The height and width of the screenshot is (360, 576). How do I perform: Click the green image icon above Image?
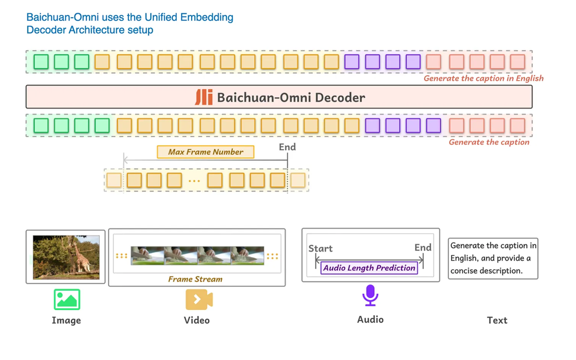coord(67,299)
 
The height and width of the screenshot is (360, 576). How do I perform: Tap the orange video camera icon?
coord(199,299)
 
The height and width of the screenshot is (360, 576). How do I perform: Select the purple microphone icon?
coord(370,295)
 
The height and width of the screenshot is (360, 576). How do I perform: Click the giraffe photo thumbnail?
coord(66,257)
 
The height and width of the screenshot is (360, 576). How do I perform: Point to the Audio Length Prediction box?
coord(369,268)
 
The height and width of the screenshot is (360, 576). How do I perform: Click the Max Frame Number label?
coord(205,152)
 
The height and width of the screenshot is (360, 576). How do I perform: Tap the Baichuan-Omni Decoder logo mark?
coord(204,97)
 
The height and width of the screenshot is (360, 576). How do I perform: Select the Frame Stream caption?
coord(195,279)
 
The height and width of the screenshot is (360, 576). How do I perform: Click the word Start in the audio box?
coord(320,248)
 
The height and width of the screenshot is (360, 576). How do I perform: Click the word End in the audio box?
coord(422,248)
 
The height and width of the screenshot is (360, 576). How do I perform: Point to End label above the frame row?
coord(287,147)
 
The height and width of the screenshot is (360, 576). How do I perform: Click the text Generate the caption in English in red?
coord(483,78)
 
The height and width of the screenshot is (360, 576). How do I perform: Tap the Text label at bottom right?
coord(497,320)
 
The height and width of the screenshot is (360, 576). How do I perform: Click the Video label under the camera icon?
coord(197,320)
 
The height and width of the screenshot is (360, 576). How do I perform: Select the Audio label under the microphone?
coord(370,319)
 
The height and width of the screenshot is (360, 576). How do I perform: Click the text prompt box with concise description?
coord(493,258)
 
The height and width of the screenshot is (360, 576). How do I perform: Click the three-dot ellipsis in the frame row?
coord(194,181)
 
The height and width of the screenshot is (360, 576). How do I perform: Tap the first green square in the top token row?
coord(41,62)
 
